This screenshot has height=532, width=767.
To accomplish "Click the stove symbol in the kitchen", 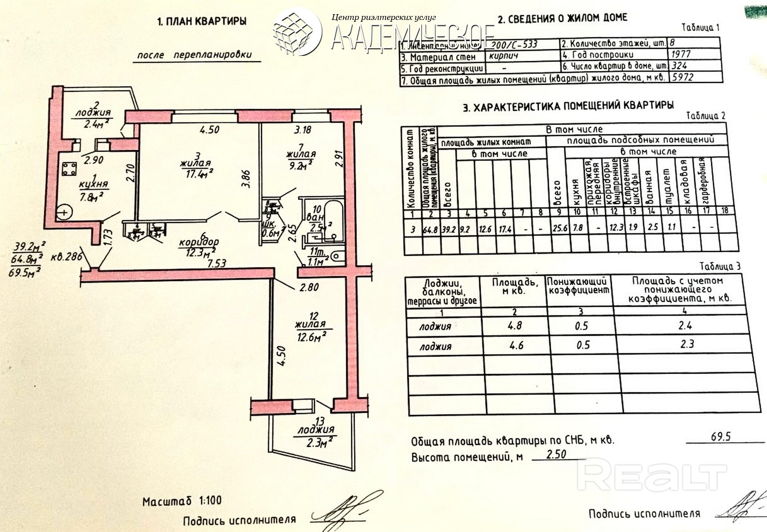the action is (x=69, y=169).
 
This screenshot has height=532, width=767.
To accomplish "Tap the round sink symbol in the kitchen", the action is (x=65, y=213).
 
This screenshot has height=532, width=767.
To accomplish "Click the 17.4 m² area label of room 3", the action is (x=196, y=174).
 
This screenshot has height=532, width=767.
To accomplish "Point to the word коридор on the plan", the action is (x=199, y=243).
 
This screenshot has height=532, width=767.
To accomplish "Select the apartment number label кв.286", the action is (x=65, y=256).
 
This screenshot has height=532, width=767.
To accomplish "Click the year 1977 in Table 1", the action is (x=681, y=54).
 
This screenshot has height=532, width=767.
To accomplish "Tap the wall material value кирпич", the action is (x=504, y=56).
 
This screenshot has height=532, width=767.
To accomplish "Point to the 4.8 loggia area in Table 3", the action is (x=514, y=325).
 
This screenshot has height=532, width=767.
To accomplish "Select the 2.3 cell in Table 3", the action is (x=686, y=344).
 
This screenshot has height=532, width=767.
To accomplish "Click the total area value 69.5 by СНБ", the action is (x=720, y=436).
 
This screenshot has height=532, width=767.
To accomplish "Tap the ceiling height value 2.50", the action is (x=556, y=454).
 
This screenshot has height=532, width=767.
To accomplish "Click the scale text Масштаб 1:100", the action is (x=182, y=501).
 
